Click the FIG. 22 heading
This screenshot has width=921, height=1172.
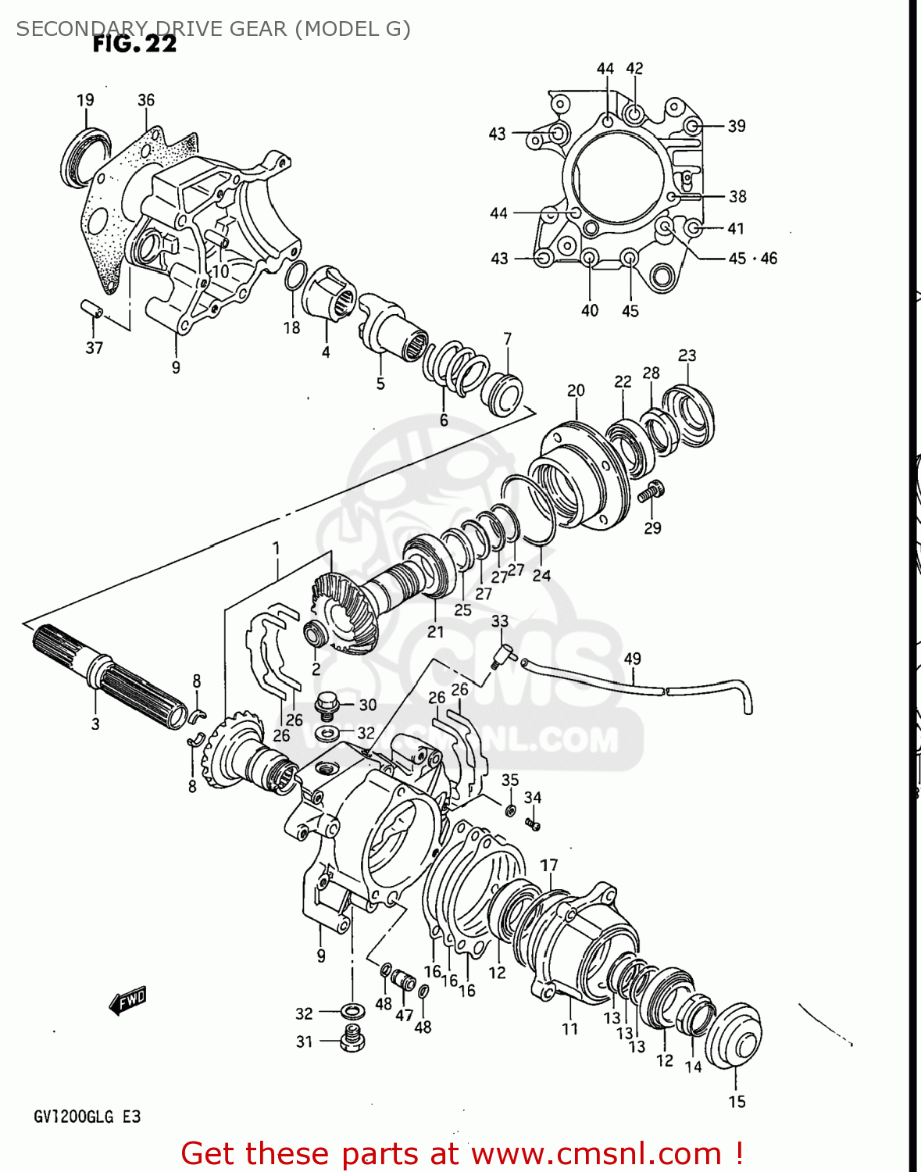[x=134, y=44]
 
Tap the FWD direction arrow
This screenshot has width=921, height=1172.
[x=128, y=1000]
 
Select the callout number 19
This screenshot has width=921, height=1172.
[x=85, y=100]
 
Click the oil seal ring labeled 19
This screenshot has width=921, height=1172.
[x=84, y=157]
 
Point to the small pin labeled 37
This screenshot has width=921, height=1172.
[x=92, y=309]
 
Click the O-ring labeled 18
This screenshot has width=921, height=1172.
[x=295, y=276]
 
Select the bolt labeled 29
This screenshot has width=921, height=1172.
[x=650, y=491]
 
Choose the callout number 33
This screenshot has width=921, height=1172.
[x=500, y=621]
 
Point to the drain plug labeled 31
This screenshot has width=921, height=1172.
[x=353, y=1039]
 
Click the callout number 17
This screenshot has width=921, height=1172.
[x=549, y=865]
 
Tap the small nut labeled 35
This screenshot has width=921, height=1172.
[x=510, y=810]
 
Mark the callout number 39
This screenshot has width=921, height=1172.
[x=737, y=126]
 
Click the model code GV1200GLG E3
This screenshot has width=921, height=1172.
[x=87, y=1117]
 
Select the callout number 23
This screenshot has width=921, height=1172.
[x=687, y=356]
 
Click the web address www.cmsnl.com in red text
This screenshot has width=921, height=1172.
[x=597, y=1154]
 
